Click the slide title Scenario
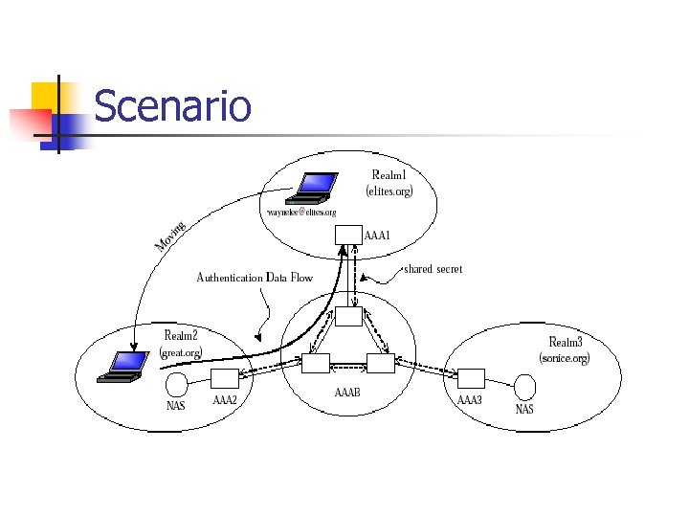pos(172,106)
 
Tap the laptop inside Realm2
pos(124,367)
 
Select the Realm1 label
pos(389,175)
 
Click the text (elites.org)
pos(389,191)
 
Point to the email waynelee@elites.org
pos(301,212)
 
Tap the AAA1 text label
pos(378,235)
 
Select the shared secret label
pos(433,269)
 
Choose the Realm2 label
pos(181,335)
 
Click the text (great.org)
pos(181,351)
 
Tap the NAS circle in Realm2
pos(177,386)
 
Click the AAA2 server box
pos(224,378)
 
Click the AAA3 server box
pos(469,378)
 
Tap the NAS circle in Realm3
pos(523,387)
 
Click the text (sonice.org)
pos(565,358)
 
